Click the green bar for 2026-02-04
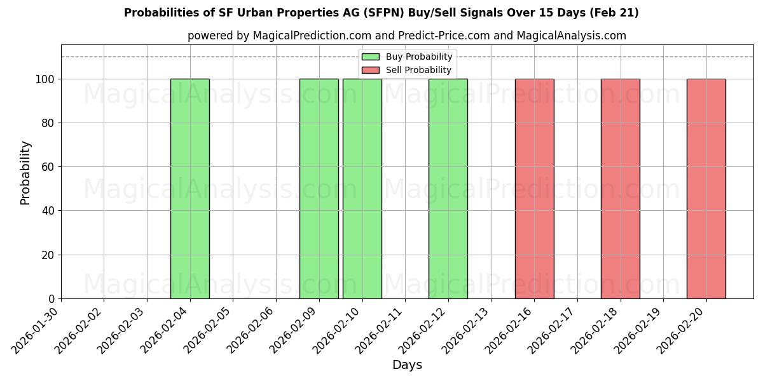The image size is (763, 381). point(190,189)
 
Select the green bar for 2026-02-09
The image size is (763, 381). point(319,189)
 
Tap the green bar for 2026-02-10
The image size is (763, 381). point(362,189)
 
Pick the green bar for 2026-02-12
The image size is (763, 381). point(448,189)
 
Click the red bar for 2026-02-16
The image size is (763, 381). point(534,189)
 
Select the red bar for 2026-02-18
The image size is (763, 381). point(620,189)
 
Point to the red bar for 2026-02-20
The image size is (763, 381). point(706,189)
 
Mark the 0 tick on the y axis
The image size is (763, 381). point(52,299)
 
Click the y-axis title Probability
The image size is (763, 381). point(25,172)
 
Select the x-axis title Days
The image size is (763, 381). point(407,365)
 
